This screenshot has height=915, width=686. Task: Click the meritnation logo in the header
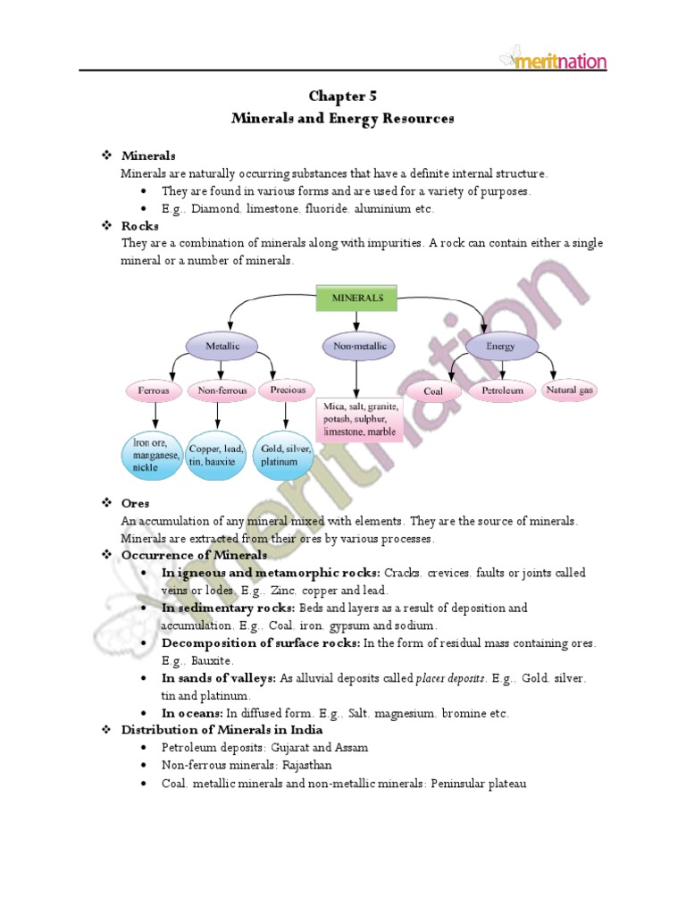pyautogui.click(x=554, y=60)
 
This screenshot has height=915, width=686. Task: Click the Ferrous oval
pyautogui.click(x=155, y=390)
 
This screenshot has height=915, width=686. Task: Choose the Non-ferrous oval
pyautogui.click(x=220, y=390)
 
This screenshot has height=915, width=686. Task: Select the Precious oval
pyautogui.click(x=284, y=390)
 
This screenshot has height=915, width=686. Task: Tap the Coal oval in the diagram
pyautogui.click(x=433, y=391)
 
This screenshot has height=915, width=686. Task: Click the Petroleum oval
pyautogui.click(x=501, y=391)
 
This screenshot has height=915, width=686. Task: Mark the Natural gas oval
pyautogui.click(x=570, y=390)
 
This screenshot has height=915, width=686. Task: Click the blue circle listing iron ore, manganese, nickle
pyautogui.click(x=154, y=454)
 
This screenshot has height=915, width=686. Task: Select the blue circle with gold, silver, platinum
pyautogui.click(x=284, y=455)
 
